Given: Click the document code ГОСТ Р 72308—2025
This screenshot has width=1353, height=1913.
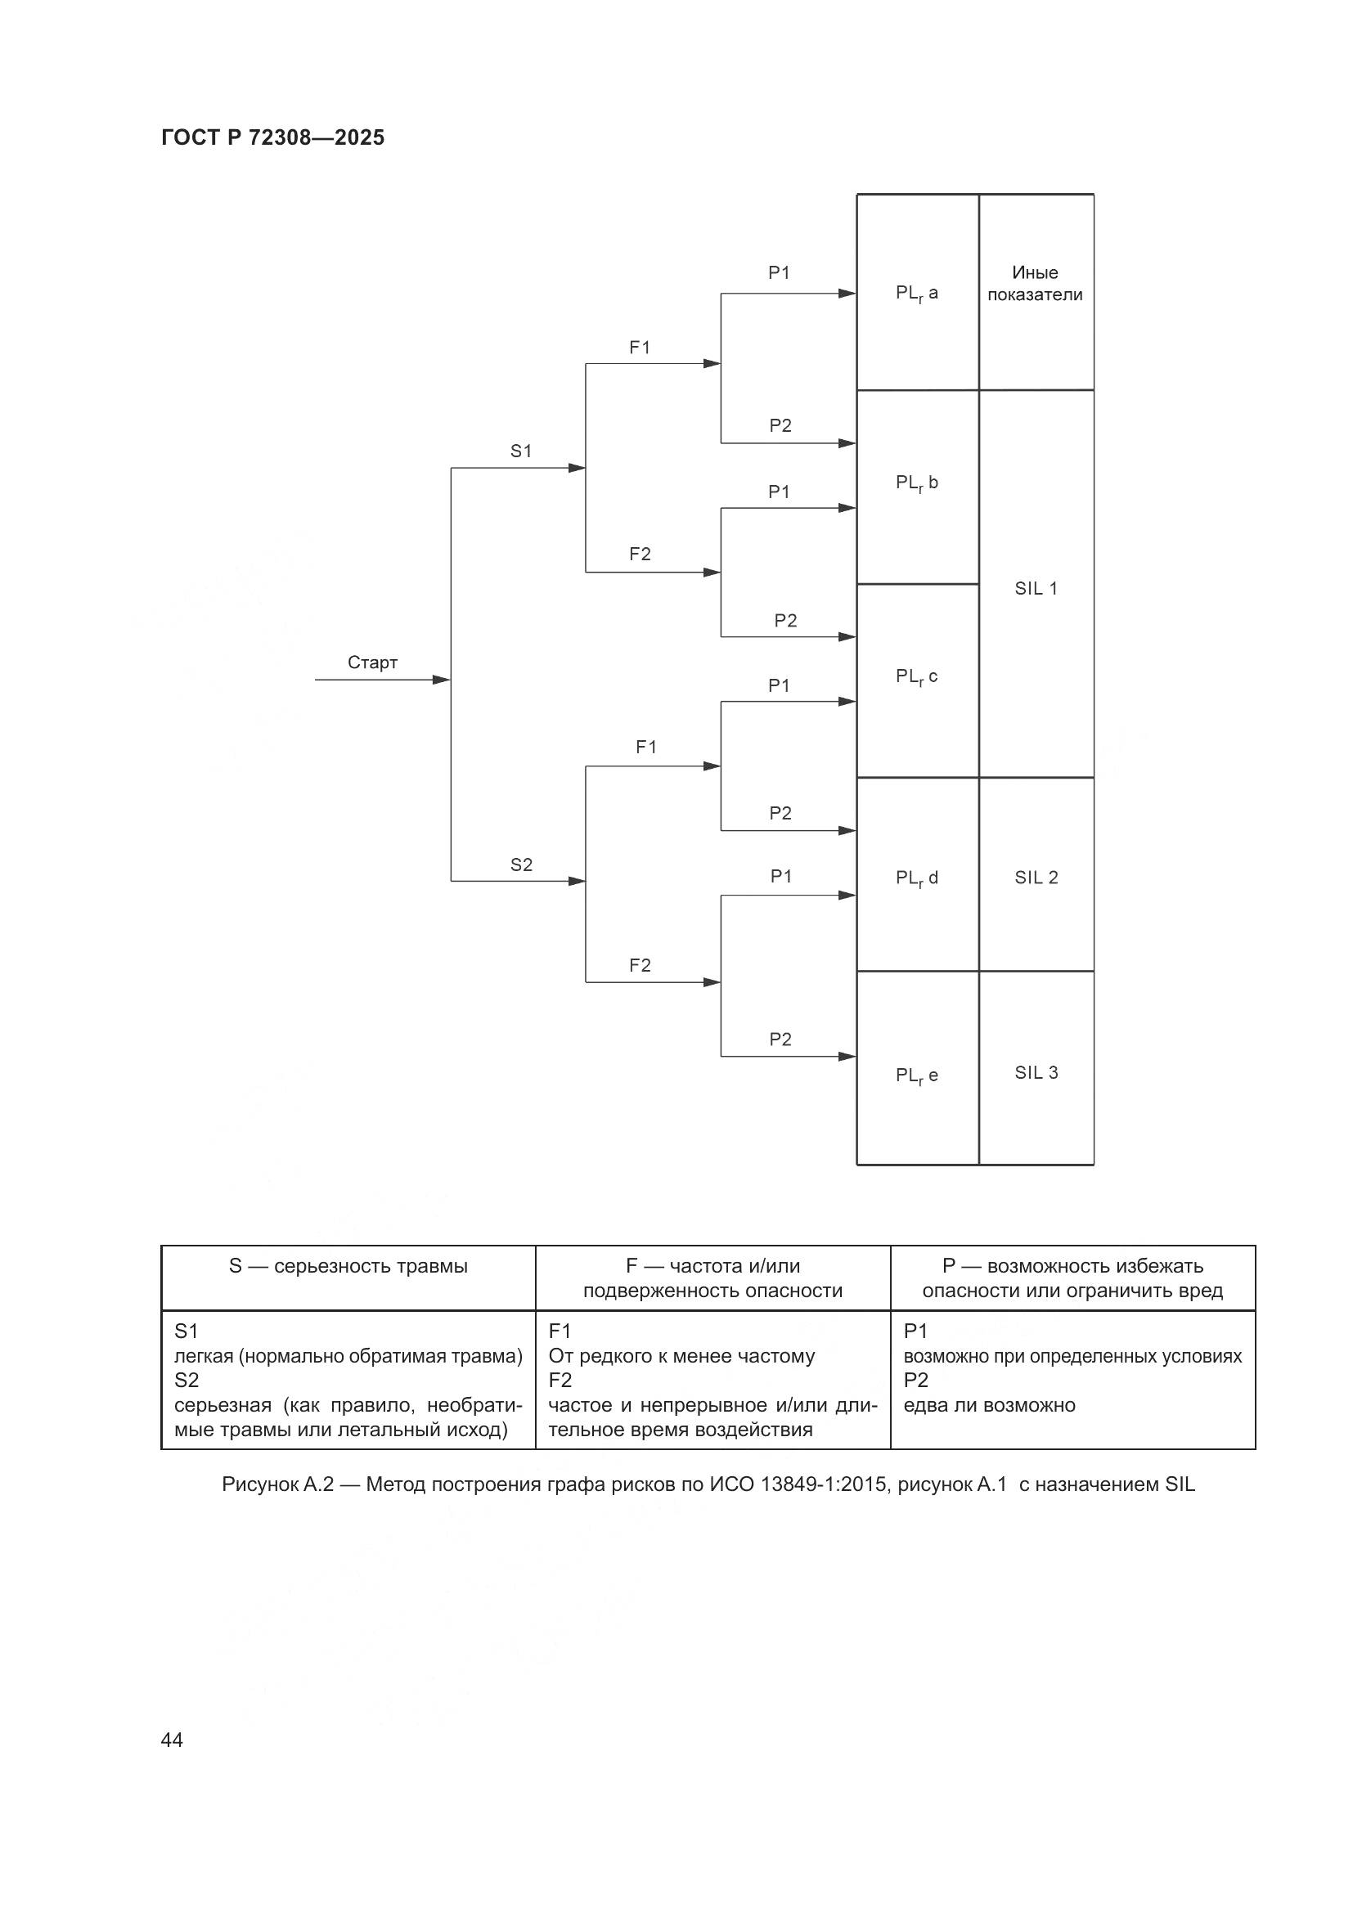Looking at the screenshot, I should [x=272, y=137].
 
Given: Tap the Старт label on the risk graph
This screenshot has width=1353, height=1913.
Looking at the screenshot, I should [x=372, y=662].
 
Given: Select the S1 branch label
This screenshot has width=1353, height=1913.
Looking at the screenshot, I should [x=521, y=451].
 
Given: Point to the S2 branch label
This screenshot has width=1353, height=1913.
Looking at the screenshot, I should [x=521, y=864].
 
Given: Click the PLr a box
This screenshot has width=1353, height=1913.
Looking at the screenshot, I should [x=916, y=294].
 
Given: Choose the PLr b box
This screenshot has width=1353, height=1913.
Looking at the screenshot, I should [x=916, y=483].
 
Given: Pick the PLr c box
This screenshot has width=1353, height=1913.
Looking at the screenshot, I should [x=916, y=677].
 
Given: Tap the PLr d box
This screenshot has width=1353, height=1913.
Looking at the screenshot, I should [x=916, y=878].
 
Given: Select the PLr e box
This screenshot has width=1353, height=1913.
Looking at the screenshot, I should [x=916, y=1076].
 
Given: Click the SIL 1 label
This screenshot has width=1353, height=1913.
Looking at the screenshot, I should [x=1036, y=588].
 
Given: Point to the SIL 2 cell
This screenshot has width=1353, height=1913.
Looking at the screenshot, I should [x=1036, y=878].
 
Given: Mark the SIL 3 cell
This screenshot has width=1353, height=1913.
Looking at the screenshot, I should [x=1036, y=1072].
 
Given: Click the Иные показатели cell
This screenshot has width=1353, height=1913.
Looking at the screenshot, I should [x=1035, y=283].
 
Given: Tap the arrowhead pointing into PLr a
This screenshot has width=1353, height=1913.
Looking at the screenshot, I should [x=847, y=294].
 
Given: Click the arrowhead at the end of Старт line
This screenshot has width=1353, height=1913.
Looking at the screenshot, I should [x=442, y=680].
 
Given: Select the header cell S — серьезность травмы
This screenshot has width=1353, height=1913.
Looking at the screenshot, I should [x=348, y=1266].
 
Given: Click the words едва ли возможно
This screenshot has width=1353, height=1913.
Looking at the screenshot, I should [x=989, y=1406].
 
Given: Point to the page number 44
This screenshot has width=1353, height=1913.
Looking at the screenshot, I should [x=172, y=1740].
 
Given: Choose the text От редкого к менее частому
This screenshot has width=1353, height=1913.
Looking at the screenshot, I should [x=681, y=1356].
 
